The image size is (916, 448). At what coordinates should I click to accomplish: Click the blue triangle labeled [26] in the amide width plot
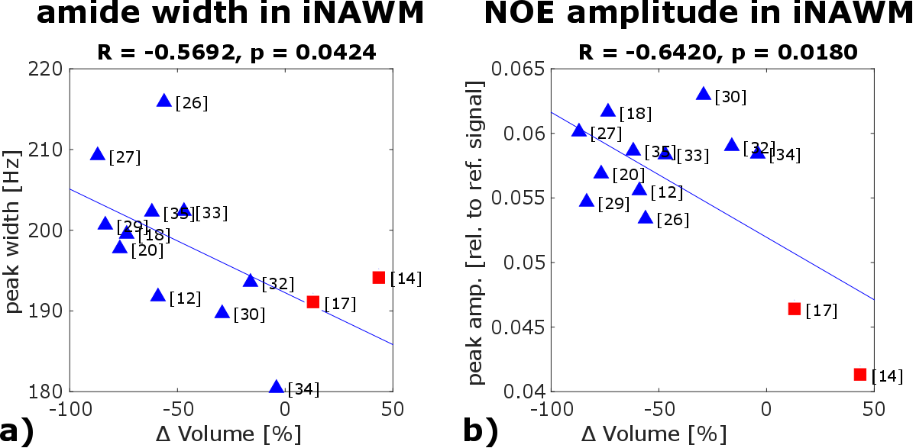(x=163, y=101)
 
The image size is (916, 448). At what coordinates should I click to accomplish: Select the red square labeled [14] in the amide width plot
(x=378, y=277)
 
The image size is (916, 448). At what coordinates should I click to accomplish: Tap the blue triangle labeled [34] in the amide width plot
(x=277, y=387)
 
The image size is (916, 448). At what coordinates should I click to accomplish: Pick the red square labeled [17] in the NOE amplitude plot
(x=794, y=308)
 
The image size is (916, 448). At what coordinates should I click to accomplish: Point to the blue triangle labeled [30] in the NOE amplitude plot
(x=704, y=94)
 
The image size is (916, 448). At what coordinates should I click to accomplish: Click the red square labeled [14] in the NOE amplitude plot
(x=859, y=374)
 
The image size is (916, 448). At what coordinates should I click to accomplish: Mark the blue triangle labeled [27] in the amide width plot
(x=97, y=154)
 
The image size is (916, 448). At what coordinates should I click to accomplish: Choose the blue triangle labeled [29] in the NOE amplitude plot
(x=587, y=201)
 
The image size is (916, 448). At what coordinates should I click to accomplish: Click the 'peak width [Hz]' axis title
(x=14, y=230)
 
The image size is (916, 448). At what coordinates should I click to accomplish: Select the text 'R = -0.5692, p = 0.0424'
(x=237, y=52)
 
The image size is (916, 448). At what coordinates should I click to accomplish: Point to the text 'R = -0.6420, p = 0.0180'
(x=718, y=52)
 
